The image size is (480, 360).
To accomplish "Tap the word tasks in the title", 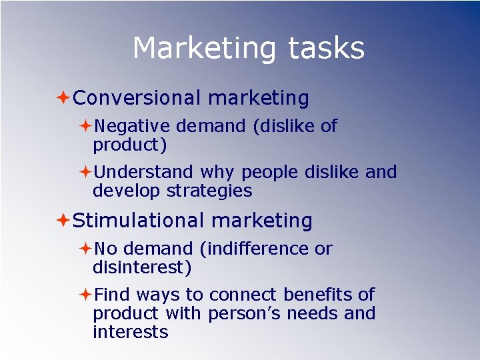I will point(326,49).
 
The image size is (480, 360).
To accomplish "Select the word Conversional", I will point(137,99).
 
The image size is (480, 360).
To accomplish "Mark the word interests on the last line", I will point(131,332).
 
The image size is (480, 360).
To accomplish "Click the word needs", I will point(317,313).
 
